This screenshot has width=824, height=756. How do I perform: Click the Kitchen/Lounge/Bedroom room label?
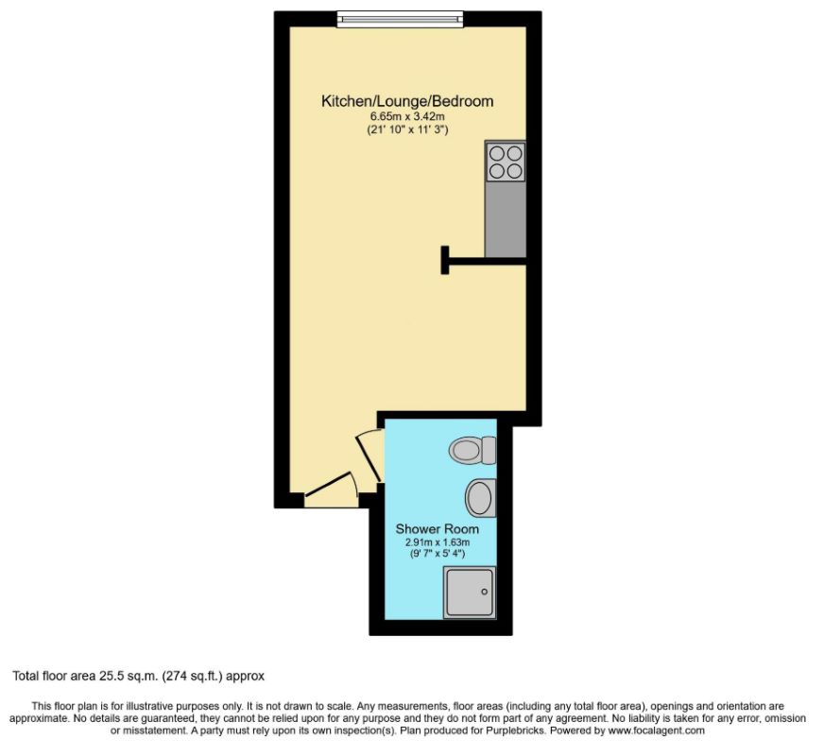[x=407, y=101]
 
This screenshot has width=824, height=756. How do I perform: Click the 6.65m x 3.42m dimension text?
[x=407, y=116]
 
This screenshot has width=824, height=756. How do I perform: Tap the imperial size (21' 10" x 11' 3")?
[x=407, y=129]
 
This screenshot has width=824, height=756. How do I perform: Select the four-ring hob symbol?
[x=506, y=161]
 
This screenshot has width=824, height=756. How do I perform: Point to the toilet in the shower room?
[x=472, y=450]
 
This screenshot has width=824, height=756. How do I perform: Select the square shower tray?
[x=470, y=593]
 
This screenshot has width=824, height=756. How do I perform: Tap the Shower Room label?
[x=430, y=528]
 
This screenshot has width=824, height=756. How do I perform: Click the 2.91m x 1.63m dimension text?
[x=431, y=542]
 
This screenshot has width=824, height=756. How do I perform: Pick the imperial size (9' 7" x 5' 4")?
[x=431, y=555]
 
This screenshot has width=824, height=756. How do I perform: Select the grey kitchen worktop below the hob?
[x=506, y=217]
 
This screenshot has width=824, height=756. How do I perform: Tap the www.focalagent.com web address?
[x=658, y=730]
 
